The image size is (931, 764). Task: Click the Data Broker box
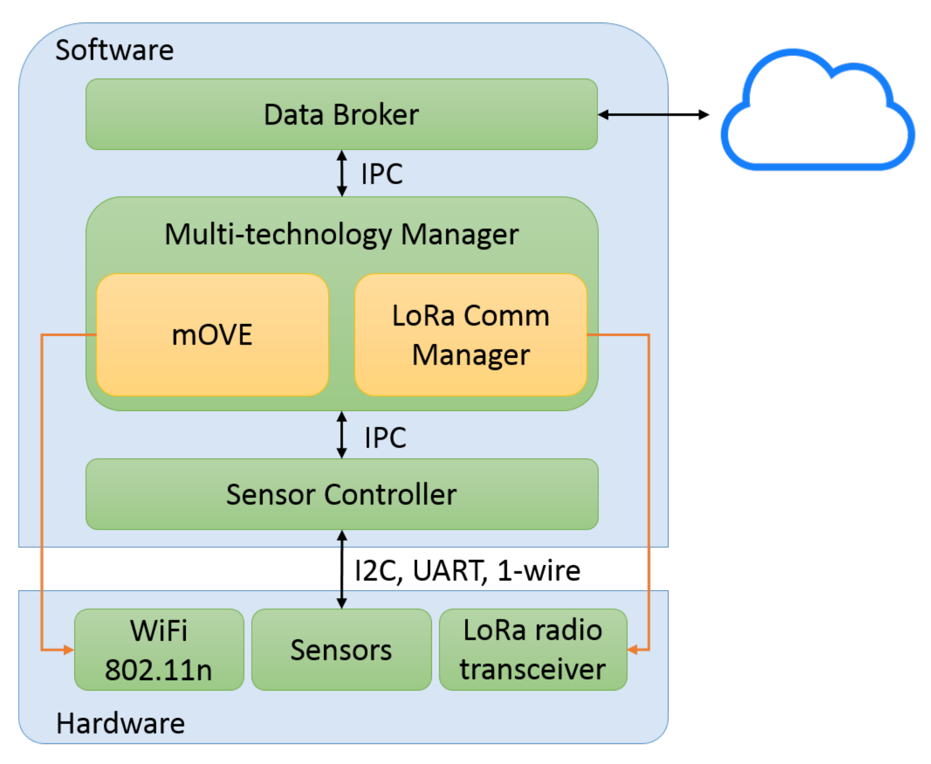pos(341,114)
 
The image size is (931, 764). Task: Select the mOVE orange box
pos(212,335)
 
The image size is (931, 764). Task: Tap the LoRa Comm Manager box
pos(471,335)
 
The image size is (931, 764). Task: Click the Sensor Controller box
pos(341,494)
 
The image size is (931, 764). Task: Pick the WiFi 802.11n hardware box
pos(159,650)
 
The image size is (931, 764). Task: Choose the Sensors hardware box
pos(341,650)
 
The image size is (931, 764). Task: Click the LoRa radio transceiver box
pos(533,650)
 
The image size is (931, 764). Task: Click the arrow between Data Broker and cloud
pos(653,114)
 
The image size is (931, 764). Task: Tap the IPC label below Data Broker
pos(382,174)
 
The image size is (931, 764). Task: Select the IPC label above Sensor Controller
pos(385,438)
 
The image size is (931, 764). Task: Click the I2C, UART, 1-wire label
pos(467,571)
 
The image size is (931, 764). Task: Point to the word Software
pos(114,50)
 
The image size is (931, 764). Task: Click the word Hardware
pos(120,723)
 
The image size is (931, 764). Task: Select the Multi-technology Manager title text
pos(341,234)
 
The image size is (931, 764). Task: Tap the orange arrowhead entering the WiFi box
pos(68,650)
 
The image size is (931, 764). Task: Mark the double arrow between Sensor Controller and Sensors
pos(342,569)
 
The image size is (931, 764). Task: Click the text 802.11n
pos(159,670)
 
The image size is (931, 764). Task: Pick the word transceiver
pos(533,669)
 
